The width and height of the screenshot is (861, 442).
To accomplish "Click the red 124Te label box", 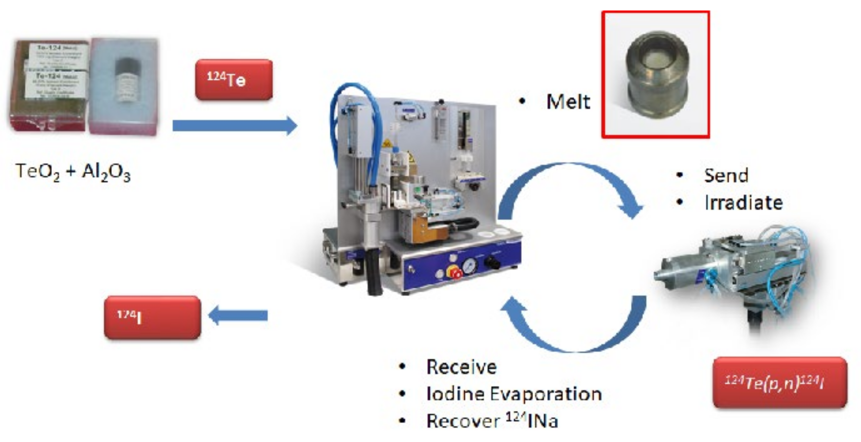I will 234,80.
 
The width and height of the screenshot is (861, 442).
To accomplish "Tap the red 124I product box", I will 152,317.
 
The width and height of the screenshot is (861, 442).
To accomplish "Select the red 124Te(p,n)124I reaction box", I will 780,382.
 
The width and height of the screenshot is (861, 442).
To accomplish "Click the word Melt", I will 568,101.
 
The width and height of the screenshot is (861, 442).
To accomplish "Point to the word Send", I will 726,175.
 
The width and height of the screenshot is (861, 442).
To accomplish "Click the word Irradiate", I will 744,203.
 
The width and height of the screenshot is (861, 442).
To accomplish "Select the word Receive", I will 461,367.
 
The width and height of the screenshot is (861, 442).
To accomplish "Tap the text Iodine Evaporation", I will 514,394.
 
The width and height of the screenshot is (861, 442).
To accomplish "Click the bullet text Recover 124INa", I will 492,421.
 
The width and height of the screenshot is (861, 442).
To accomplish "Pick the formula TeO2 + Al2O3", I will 73,172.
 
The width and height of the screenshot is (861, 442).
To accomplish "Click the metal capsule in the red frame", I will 656,74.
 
